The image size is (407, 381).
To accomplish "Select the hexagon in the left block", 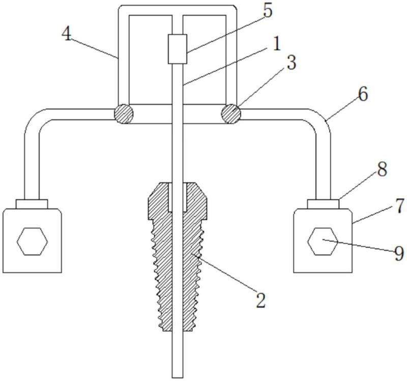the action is [32, 241].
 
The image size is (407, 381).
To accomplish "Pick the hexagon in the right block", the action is [323, 241].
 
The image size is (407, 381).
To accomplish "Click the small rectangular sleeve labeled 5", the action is [178, 49].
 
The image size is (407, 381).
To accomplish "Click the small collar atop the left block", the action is [32, 203].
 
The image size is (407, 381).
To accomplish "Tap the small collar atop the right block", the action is [323, 203].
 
